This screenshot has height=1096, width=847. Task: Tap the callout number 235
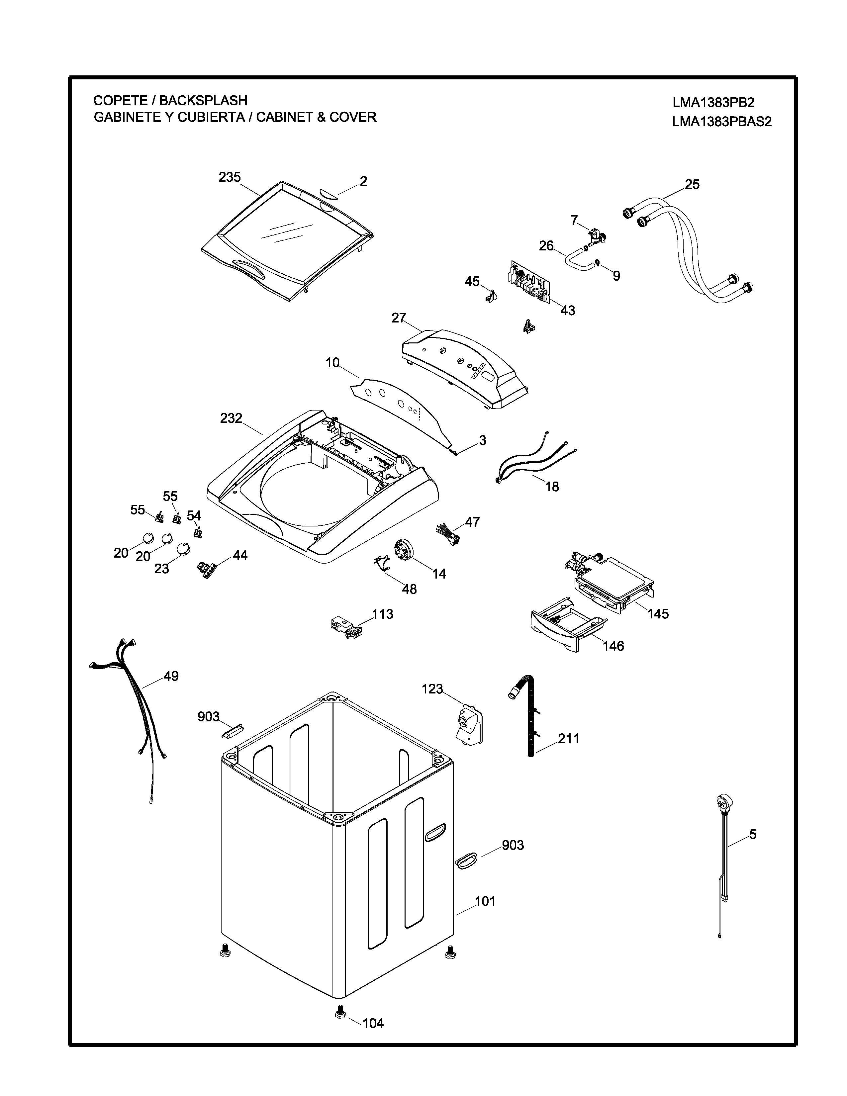click(x=229, y=177)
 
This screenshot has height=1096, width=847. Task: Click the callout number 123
click(x=432, y=689)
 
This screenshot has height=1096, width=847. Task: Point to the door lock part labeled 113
click(x=346, y=627)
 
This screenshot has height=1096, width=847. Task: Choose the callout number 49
click(x=171, y=676)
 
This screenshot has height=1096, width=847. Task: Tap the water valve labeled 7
click(x=596, y=235)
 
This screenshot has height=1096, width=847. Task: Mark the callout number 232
click(x=231, y=418)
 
